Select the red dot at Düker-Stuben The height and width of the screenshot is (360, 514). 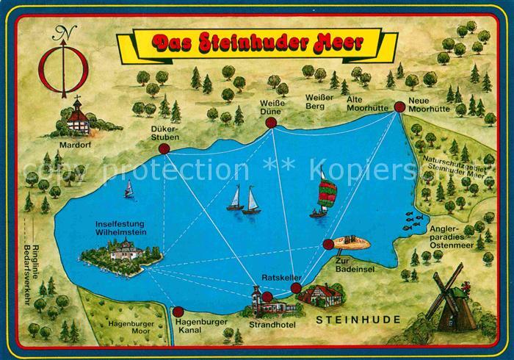click(x=164, y=148)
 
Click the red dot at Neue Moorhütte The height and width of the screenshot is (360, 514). click(x=399, y=107)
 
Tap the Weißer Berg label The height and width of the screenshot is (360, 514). click(x=321, y=101)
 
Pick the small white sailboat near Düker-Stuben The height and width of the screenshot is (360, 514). click(x=129, y=190)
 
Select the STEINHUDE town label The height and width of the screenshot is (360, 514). click(x=358, y=320)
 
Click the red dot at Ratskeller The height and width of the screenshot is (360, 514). click(x=295, y=289)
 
